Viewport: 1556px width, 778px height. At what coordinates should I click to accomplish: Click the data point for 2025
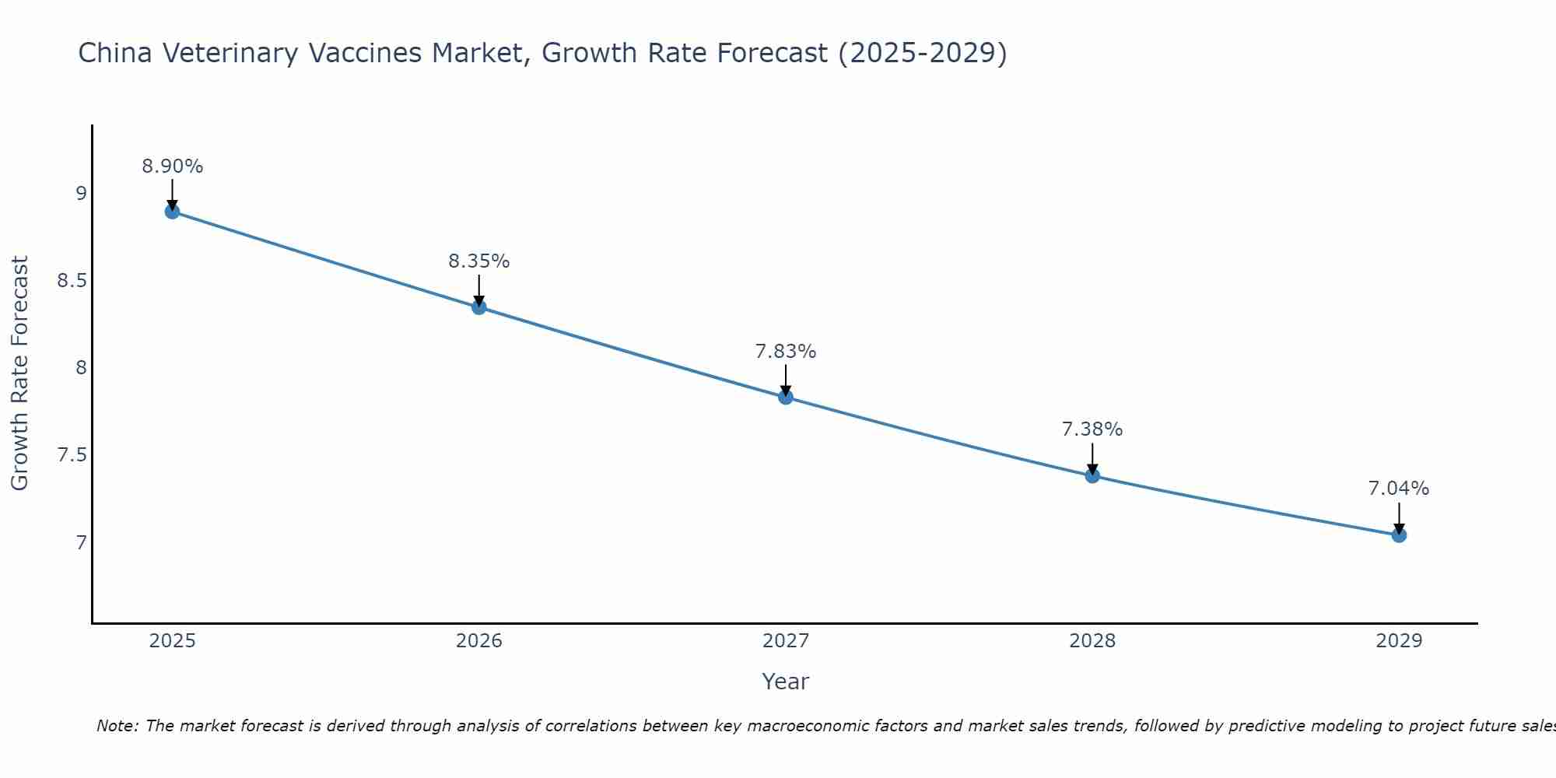click(173, 212)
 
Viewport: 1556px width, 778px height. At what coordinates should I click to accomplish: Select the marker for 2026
click(479, 307)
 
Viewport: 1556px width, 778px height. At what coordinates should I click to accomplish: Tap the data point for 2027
click(786, 398)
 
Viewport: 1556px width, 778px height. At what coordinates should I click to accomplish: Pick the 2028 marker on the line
click(1092, 475)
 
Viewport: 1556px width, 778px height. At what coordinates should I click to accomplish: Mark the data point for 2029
click(1399, 535)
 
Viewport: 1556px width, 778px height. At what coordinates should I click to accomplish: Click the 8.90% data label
click(173, 166)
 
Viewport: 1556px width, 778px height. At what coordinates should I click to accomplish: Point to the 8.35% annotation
click(479, 261)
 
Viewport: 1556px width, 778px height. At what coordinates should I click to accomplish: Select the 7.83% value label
click(786, 352)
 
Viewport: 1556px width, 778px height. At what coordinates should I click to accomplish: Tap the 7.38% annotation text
click(1092, 429)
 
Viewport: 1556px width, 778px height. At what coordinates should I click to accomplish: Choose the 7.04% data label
click(1399, 489)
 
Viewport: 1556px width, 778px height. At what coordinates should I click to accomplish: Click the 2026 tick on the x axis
click(479, 641)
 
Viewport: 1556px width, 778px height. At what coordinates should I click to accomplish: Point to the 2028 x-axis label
click(1092, 641)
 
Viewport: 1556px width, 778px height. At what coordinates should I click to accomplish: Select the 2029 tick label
click(1399, 641)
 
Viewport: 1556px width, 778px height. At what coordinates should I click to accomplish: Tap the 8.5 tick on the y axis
click(72, 281)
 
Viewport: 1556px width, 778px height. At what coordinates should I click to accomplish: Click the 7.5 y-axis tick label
click(72, 455)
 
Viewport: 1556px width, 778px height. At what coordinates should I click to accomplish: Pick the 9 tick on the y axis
click(81, 194)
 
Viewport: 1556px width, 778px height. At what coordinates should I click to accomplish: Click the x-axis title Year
click(786, 682)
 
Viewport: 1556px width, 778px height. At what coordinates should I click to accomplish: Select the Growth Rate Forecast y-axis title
click(20, 373)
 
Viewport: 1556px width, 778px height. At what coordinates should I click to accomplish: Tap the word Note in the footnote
click(117, 726)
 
